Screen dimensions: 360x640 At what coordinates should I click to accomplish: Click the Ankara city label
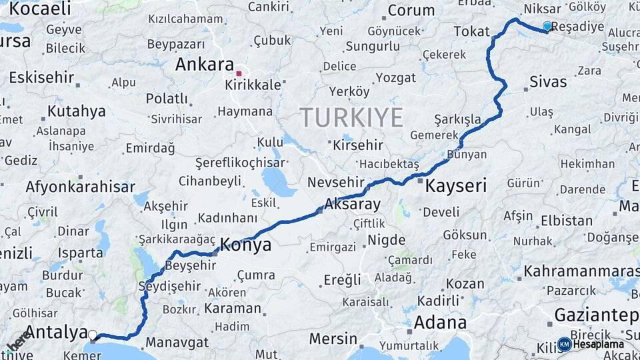204,65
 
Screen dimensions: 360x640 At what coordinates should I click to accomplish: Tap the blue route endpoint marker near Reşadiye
547,27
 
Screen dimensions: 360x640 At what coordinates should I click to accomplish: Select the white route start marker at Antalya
93,335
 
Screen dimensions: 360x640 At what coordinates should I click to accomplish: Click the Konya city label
245,245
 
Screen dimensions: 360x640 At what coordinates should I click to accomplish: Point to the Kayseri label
456,185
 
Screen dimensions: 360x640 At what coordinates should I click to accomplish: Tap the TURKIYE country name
351,117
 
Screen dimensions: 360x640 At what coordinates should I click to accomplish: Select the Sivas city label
548,82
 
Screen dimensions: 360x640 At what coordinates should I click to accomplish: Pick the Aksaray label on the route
352,204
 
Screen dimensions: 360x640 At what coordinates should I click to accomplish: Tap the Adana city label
440,323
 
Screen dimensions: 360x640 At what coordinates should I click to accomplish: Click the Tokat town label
471,31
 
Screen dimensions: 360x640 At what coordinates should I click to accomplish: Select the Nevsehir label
335,182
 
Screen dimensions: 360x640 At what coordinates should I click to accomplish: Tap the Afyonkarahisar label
80,187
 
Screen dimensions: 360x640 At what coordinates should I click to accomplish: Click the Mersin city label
333,338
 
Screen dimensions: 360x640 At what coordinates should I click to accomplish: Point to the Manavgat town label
177,343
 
